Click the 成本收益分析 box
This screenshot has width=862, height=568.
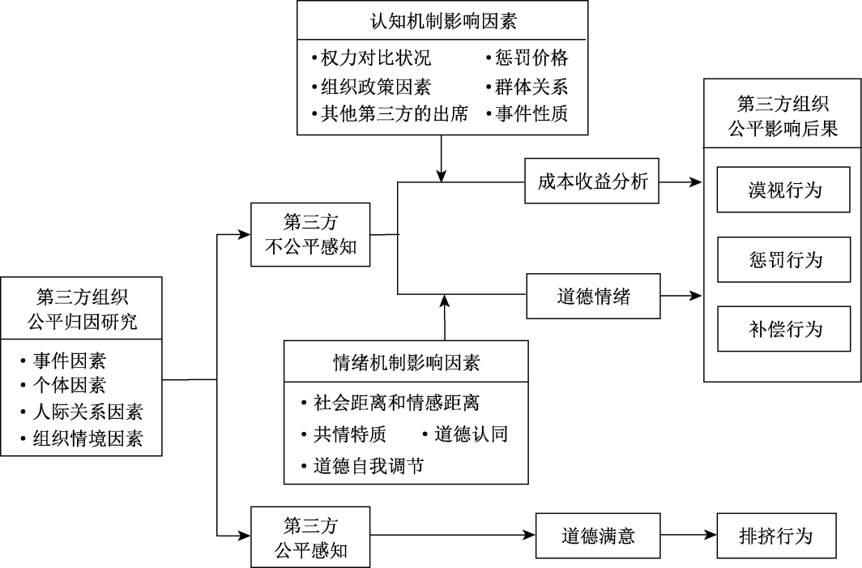tap(592, 182)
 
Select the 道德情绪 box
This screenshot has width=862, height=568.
tap(593, 297)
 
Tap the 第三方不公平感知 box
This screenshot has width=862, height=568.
tap(310, 235)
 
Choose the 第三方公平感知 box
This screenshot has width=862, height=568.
tap(310, 536)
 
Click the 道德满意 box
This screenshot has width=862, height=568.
tap(598, 536)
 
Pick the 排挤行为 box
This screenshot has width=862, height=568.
tap(775, 536)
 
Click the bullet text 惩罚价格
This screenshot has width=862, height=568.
tap(532, 58)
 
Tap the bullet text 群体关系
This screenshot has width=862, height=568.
tap(532, 86)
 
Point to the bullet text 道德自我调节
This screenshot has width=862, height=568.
tap(368, 465)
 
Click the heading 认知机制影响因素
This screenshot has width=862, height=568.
tap(443, 21)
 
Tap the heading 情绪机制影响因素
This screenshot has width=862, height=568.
tap(407, 361)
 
